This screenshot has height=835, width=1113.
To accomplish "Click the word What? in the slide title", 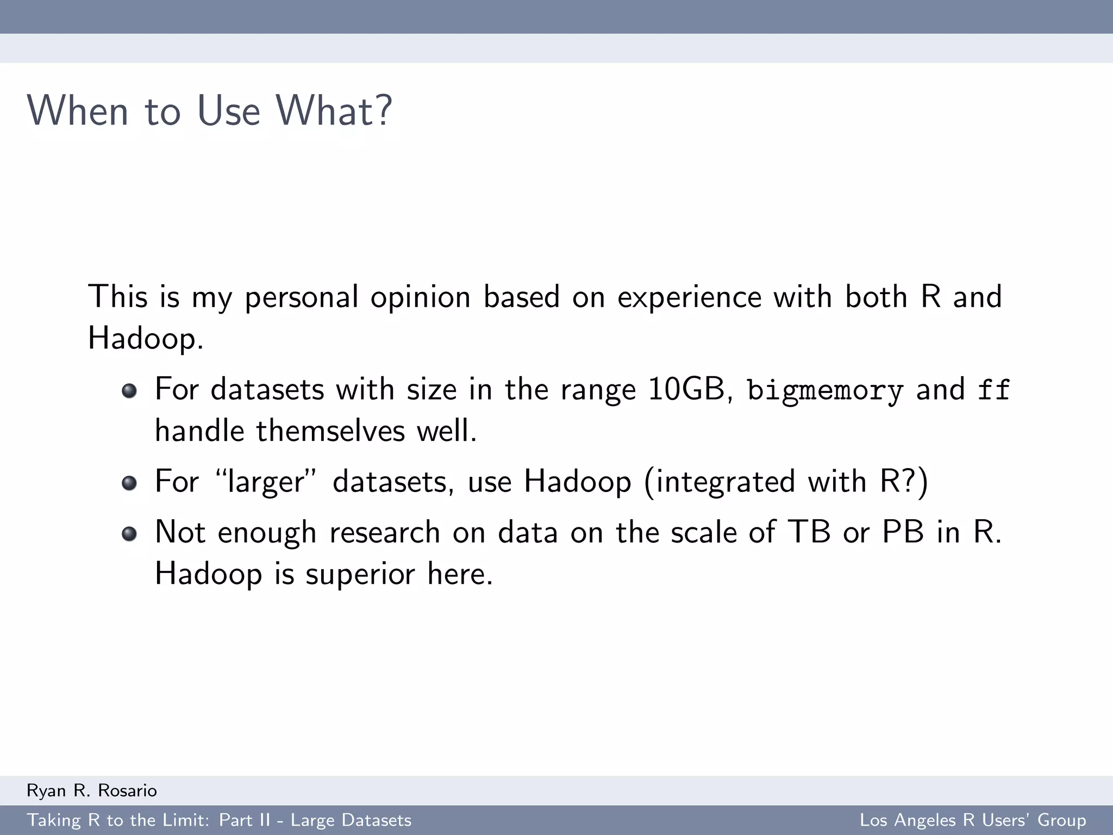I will [334, 111].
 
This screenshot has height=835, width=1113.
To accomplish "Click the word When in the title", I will [77, 111].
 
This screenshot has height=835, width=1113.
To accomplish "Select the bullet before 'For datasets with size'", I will [129, 391].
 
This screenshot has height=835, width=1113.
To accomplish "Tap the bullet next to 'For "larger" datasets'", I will [129, 483].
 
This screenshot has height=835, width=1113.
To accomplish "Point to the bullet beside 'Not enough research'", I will [129, 533].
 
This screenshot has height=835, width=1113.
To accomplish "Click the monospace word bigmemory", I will [824, 390].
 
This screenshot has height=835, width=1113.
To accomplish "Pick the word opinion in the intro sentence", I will [420, 297].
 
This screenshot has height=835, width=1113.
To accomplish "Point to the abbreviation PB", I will [903, 532].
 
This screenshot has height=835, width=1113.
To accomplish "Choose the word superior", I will [360, 574].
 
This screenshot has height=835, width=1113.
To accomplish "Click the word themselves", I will [330, 431].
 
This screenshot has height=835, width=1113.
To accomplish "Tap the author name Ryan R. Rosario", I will [92, 790].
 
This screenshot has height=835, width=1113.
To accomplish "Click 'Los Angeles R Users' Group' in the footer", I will [972, 820].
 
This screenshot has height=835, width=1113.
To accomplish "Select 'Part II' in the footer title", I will [244, 820].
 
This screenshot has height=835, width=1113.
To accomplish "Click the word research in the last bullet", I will [384, 532].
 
